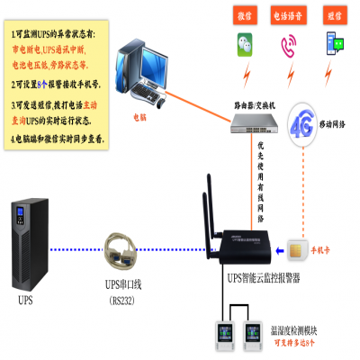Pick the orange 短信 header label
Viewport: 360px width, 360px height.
click(x=333, y=15)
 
